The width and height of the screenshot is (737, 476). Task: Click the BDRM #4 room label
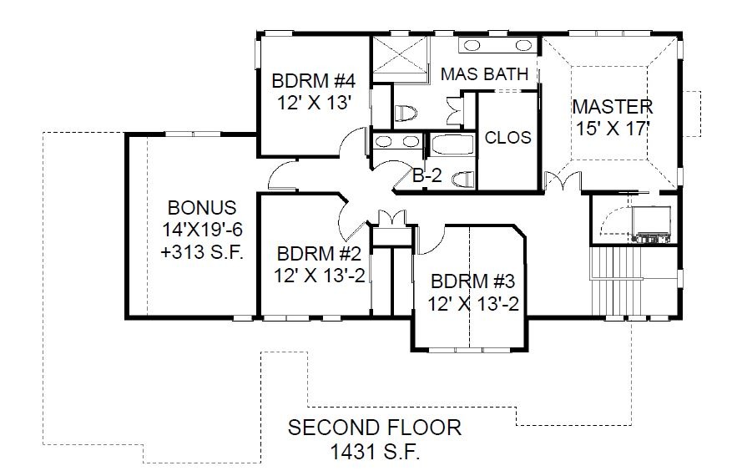pos(314,81)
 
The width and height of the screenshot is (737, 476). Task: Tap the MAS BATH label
pos(485,73)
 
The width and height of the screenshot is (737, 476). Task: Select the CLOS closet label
pos(507,137)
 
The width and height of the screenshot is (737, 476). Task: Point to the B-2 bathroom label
pos(427,175)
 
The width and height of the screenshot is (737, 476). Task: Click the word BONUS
pos(202,207)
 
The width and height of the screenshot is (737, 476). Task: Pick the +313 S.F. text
pos(202,252)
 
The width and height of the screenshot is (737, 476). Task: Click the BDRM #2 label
pos(319,254)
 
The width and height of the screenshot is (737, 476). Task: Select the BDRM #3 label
pos(473,281)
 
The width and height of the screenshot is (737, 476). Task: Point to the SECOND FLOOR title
pos(375,428)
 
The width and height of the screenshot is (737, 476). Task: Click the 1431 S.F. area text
pos(375,453)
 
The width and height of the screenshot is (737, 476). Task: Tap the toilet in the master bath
pos(406,114)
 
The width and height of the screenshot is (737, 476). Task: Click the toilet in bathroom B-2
pos(463,179)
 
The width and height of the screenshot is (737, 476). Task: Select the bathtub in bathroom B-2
pos(452,144)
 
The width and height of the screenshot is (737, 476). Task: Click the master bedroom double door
pos(563,182)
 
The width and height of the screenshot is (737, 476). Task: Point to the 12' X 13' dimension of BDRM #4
pos(314,103)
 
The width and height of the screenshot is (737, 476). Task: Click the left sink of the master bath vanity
pos(472,45)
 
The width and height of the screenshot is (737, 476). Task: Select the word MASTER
pos(613,107)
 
